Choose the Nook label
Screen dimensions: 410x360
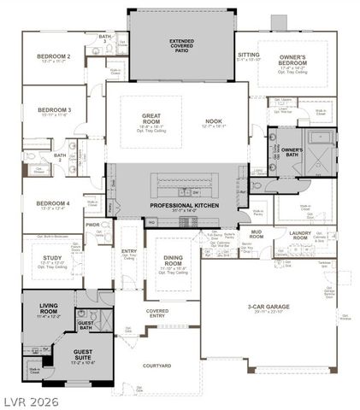click(213, 121)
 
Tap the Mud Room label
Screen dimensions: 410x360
click(256, 234)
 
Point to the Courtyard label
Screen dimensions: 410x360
click(156, 366)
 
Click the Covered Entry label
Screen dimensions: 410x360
click(156, 312)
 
